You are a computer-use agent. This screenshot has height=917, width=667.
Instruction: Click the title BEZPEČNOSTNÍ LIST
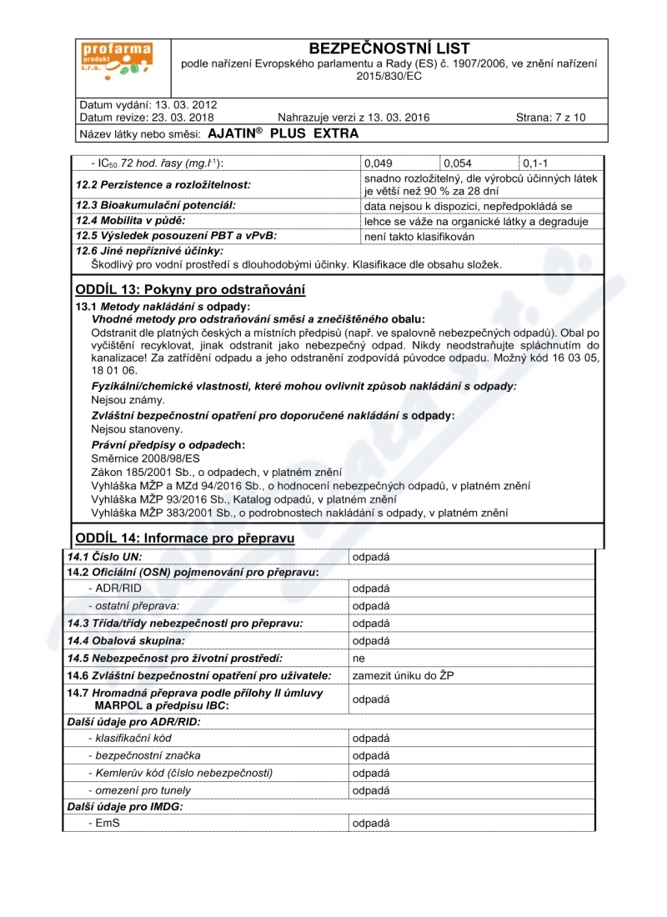click(389, 48)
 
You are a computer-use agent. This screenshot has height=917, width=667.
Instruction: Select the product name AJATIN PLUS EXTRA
click(283, 133)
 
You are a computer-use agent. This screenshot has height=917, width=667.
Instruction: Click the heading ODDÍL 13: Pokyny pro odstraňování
click(190, 290)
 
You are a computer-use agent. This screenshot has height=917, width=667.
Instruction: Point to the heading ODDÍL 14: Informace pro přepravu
click(184, 538)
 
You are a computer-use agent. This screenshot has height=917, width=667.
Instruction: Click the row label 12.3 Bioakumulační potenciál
click(155, 205)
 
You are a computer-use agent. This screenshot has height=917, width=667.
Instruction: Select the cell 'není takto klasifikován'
click(419, 237)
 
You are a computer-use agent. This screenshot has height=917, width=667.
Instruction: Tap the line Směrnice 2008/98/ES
click(145, 458)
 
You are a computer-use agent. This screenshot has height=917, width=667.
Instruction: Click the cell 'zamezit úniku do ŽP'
click(403, 675)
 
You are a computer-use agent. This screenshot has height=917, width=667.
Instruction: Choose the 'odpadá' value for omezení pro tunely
click(371, 789)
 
